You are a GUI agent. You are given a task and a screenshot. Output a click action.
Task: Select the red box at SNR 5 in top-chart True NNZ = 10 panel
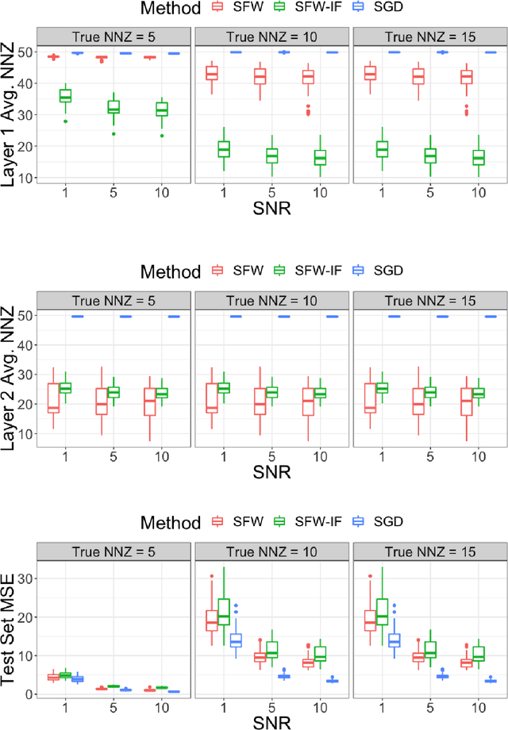(x=260, y=76)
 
